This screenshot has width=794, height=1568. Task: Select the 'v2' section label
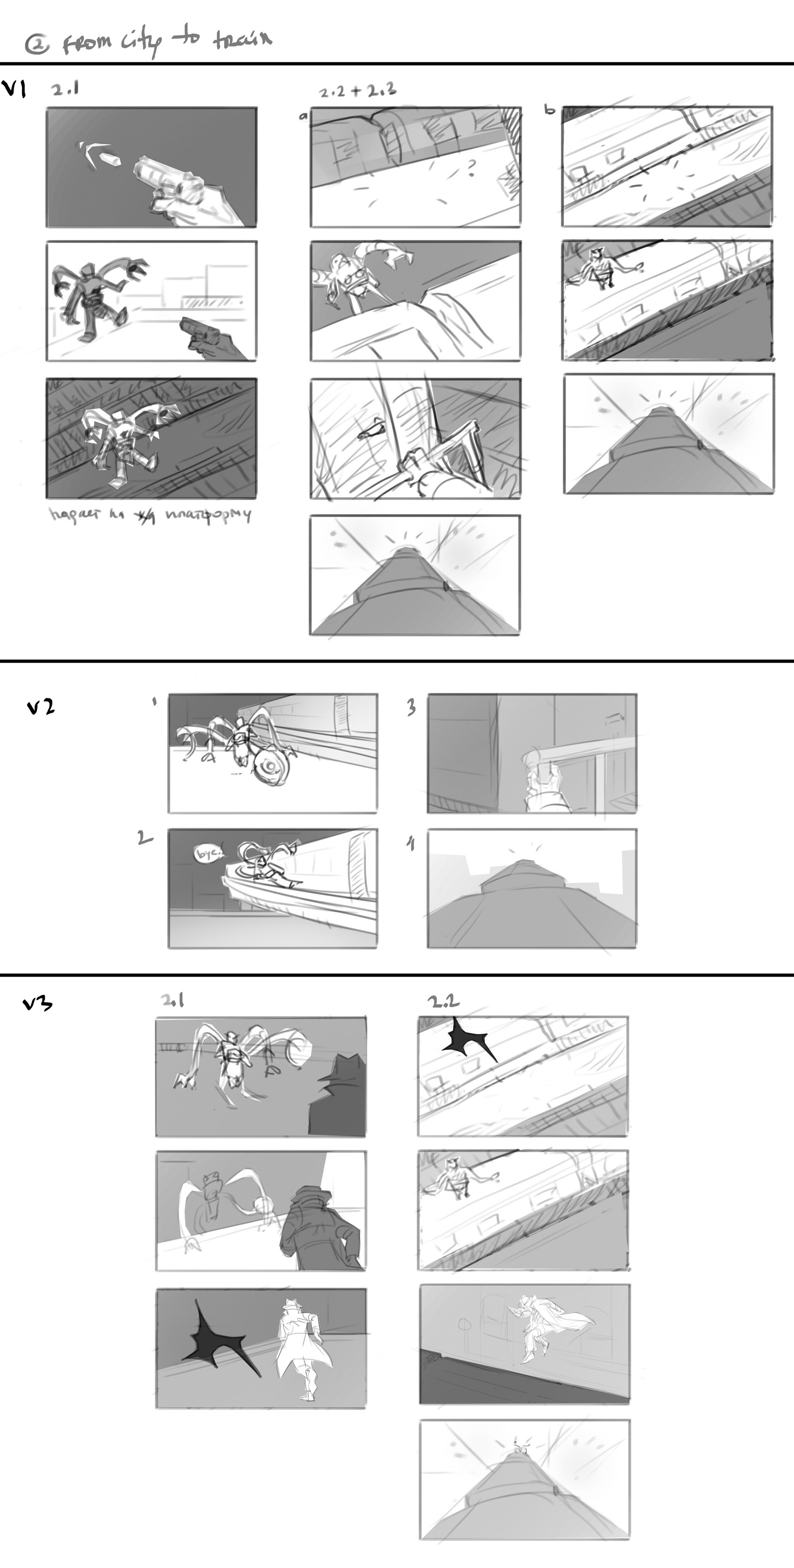click(x=41, y=707)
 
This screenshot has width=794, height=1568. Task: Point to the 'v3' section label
click(x=38, y=1002)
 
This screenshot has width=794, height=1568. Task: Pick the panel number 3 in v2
click(x=411, y=707)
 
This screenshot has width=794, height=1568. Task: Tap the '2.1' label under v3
click(x=173, y=1000)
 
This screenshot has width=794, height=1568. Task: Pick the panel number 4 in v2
click(x=411, y=844)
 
